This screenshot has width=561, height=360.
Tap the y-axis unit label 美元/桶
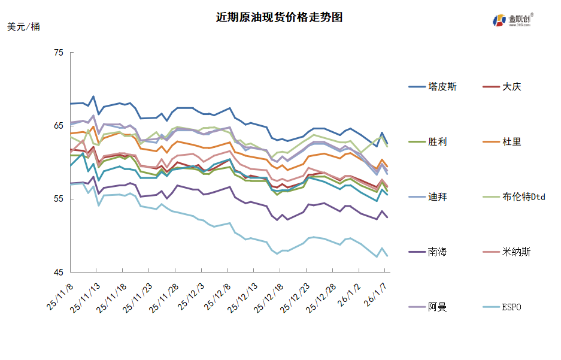click(x=24, y=27)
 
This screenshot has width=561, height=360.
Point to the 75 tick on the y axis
click(x=59, y=53)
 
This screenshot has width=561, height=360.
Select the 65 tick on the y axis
click(x=59, y=126)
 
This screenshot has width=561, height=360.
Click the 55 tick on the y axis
click(x=59, y=199)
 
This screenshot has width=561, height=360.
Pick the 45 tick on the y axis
click(x=59, y=273)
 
